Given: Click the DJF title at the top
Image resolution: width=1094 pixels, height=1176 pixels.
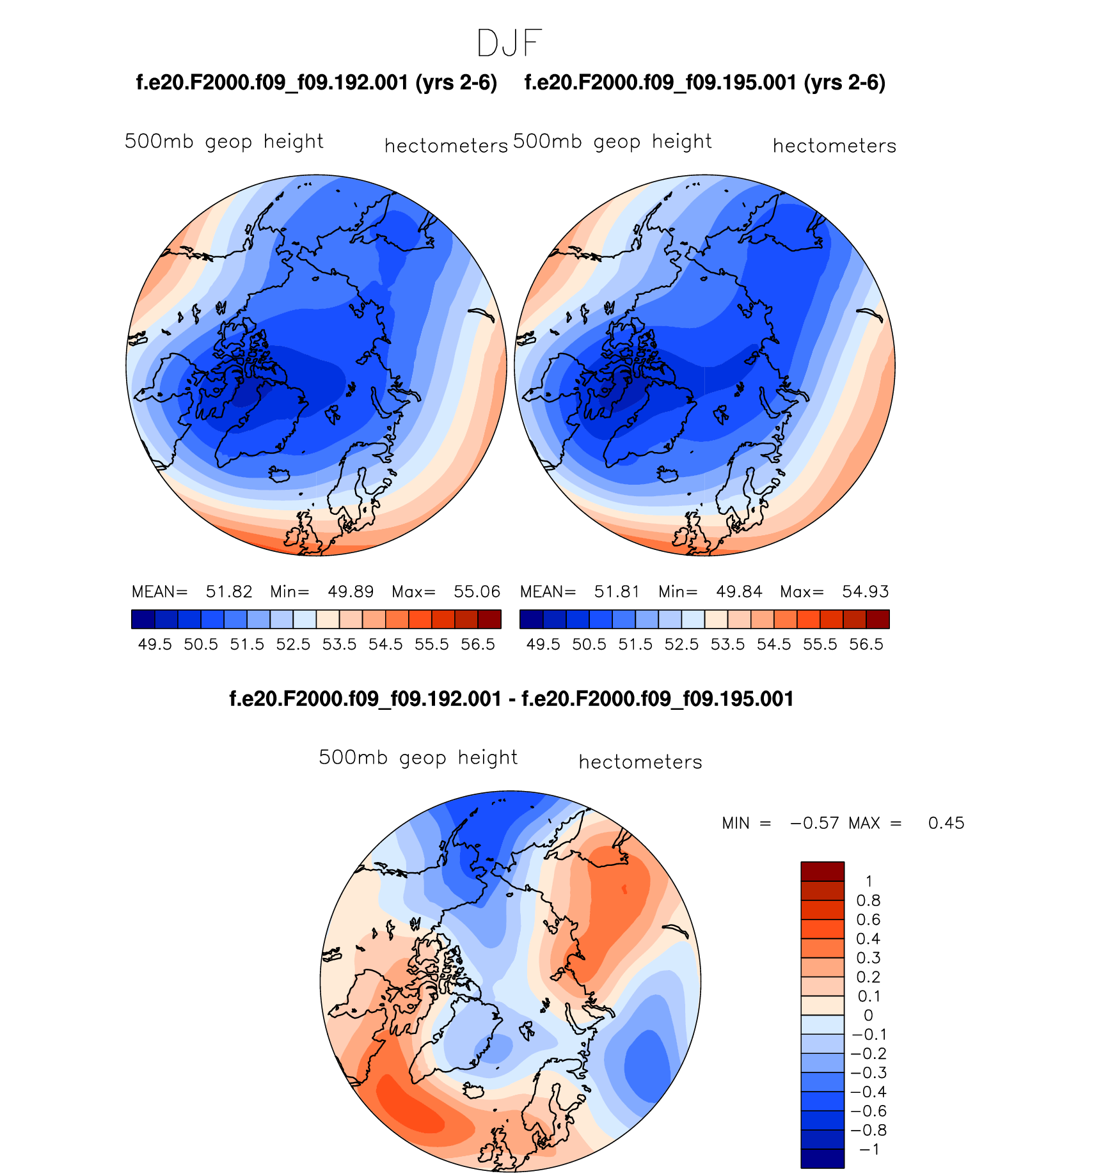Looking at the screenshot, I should [x=509, y=43].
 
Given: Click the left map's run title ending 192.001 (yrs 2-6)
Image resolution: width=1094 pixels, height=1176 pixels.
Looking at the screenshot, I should [x=317, y=82].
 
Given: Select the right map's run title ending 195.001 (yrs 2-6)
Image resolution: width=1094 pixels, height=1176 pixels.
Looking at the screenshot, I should [x=704, y=82].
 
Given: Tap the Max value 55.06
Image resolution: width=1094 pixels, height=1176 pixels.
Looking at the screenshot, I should [x=477, y=592].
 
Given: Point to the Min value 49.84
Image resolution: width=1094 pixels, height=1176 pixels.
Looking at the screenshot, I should [x=739, y=592].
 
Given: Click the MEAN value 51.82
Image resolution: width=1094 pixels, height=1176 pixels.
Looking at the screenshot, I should [x=229, y=592].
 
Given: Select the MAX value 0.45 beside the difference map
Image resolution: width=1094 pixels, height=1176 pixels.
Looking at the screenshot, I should [x=946, y=823].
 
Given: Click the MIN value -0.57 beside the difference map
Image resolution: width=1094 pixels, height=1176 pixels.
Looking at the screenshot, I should [x=814, y=823].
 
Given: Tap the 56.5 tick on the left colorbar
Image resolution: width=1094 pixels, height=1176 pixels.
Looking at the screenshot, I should [x=478, y=644].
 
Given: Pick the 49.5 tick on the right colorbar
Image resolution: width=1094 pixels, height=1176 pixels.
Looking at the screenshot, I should [x=543, y=644].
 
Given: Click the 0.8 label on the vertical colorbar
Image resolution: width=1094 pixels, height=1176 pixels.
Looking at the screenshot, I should [x=868, y=901].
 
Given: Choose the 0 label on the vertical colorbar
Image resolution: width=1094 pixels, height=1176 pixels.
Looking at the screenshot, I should [x=868, y=1015].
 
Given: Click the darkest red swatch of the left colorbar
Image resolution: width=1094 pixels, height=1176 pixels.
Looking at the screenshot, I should [x=489, y=619].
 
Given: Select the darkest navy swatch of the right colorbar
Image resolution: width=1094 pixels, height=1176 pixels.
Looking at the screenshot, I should [x=531, y=619].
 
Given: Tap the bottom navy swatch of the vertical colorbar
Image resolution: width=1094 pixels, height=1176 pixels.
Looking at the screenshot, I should [x=822, y=1159].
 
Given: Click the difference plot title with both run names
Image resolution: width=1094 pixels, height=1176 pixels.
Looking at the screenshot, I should [x=511, y=699].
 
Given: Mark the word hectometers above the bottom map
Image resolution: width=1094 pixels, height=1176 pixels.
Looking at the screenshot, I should [x=640, y=762].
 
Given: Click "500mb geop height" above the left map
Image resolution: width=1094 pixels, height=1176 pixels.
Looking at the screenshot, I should [x=224, y=141].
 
